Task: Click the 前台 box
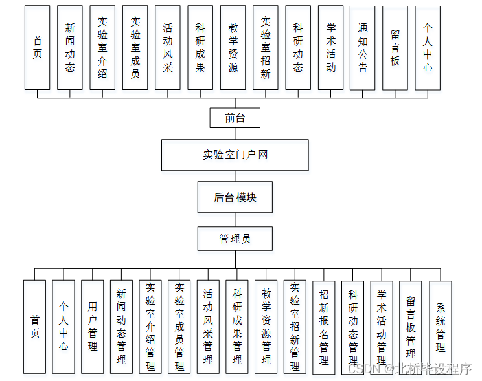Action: point(235,118)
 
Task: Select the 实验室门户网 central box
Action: point(235,155)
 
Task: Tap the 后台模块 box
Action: point(235,197)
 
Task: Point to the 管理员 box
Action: point(235,239)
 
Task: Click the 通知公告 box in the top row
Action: point(362,47)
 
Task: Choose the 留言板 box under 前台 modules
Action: point(395,47)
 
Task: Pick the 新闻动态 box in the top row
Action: point(70,47)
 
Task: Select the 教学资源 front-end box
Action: point(233,47)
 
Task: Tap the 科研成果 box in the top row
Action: point(200,47)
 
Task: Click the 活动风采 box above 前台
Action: point(168,47)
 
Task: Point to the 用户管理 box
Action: point(93,326)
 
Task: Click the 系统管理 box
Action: point(440,326)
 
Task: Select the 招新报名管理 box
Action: point(324,326)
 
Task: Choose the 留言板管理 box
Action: point(411,326)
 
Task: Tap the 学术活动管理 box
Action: point(382,326)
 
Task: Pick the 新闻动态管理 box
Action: point(121,326)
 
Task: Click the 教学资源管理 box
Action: point(266,326)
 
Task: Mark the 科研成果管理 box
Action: point(237,326)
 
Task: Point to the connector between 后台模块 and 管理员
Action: point(235,220)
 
